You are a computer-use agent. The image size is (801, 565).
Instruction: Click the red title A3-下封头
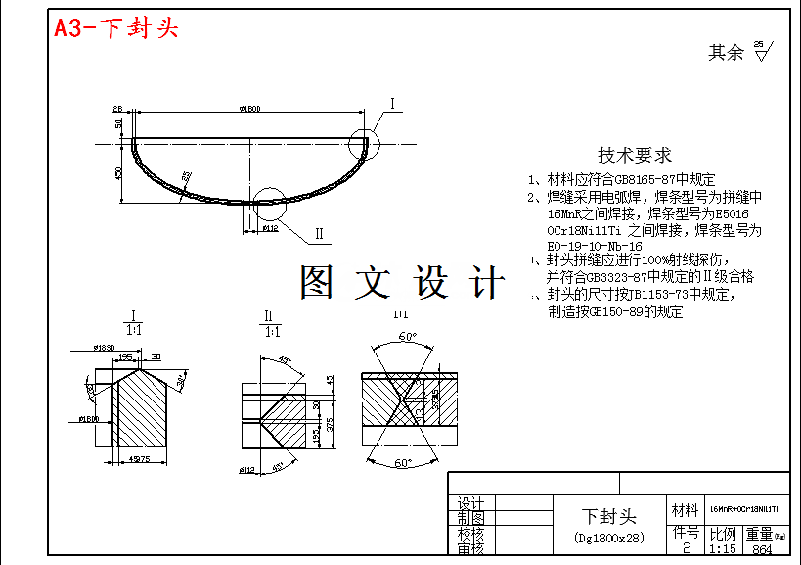[x=116, y=28]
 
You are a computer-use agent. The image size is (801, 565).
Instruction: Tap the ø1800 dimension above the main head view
[x=248, y=108]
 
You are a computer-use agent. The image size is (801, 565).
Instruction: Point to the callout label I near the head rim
[x=392, y=103]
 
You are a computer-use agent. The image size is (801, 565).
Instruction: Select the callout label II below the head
[x=319, y=234]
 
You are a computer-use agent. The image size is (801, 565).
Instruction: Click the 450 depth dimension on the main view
[x=118, y=172]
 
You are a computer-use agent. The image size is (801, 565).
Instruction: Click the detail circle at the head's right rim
[x=366, y=144]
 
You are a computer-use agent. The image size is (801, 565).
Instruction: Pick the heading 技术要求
[x=635, y=155]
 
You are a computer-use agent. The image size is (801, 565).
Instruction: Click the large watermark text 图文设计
[x=403, y=283]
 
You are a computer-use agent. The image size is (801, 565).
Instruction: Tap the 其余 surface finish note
[x=727, y=53]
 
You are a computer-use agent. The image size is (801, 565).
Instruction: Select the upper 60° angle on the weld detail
[x=406, y=336]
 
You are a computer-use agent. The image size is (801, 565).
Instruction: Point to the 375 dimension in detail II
[x=331, y=423]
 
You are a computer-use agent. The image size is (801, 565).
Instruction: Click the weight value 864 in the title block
[x=763, y=549]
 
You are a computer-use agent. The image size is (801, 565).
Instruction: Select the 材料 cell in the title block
[x=685, y=510]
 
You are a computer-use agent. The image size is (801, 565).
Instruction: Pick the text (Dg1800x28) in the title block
[x=609, y=538]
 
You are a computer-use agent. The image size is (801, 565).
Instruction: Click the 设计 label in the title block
[x=471, y=503]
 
